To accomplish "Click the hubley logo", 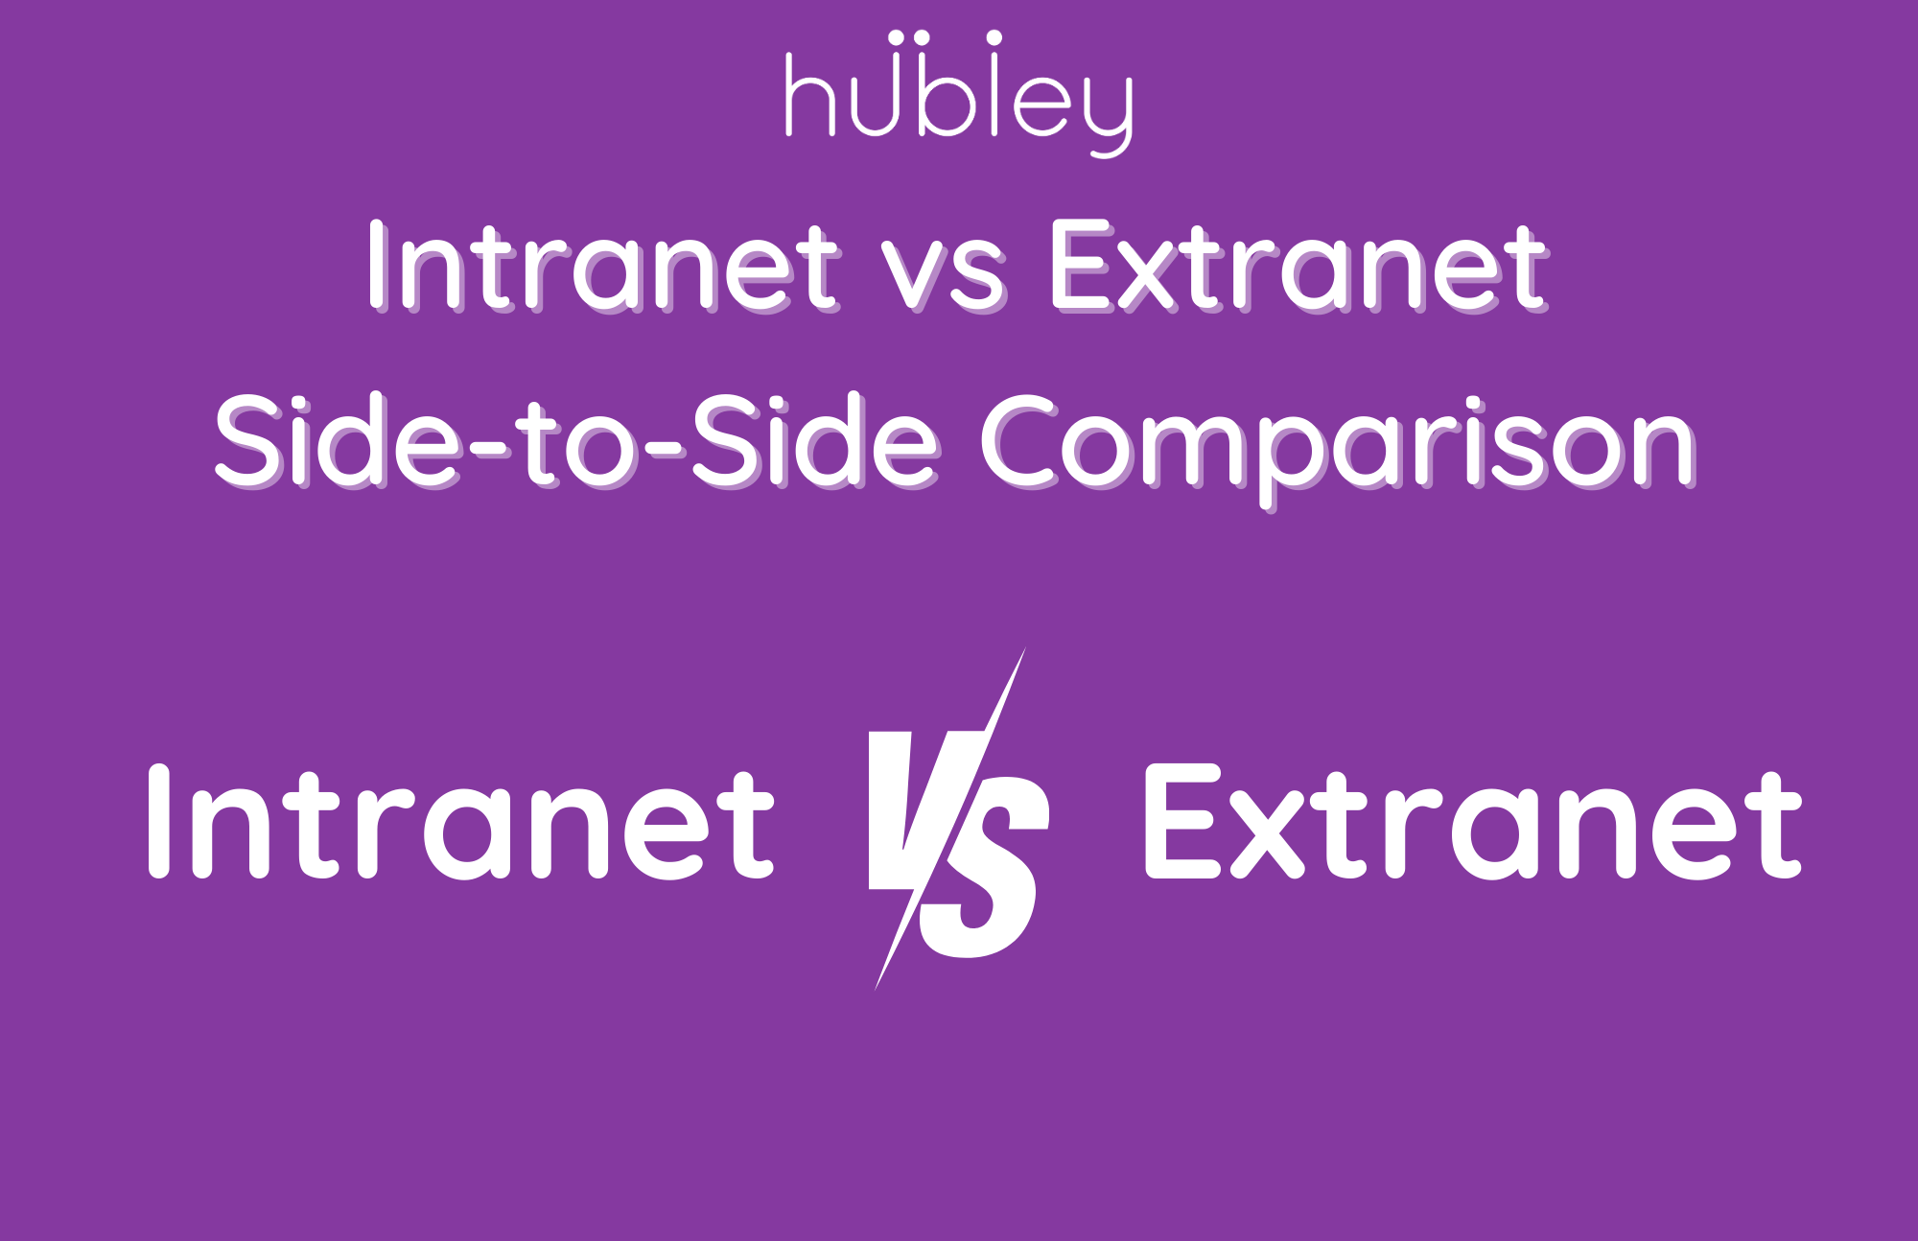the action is point(959,93).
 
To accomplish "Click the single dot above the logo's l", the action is point(994,37).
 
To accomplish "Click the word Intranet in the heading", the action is point(603,266).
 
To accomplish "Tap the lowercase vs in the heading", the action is point(944,277).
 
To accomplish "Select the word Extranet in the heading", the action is point(1300,266).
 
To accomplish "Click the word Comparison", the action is point(1339,452).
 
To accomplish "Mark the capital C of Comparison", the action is point(1022,441).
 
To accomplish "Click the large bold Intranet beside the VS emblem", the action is point(461,822).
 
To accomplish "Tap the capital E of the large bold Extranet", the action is point(1183,822).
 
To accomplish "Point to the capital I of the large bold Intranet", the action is point(159,822).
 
